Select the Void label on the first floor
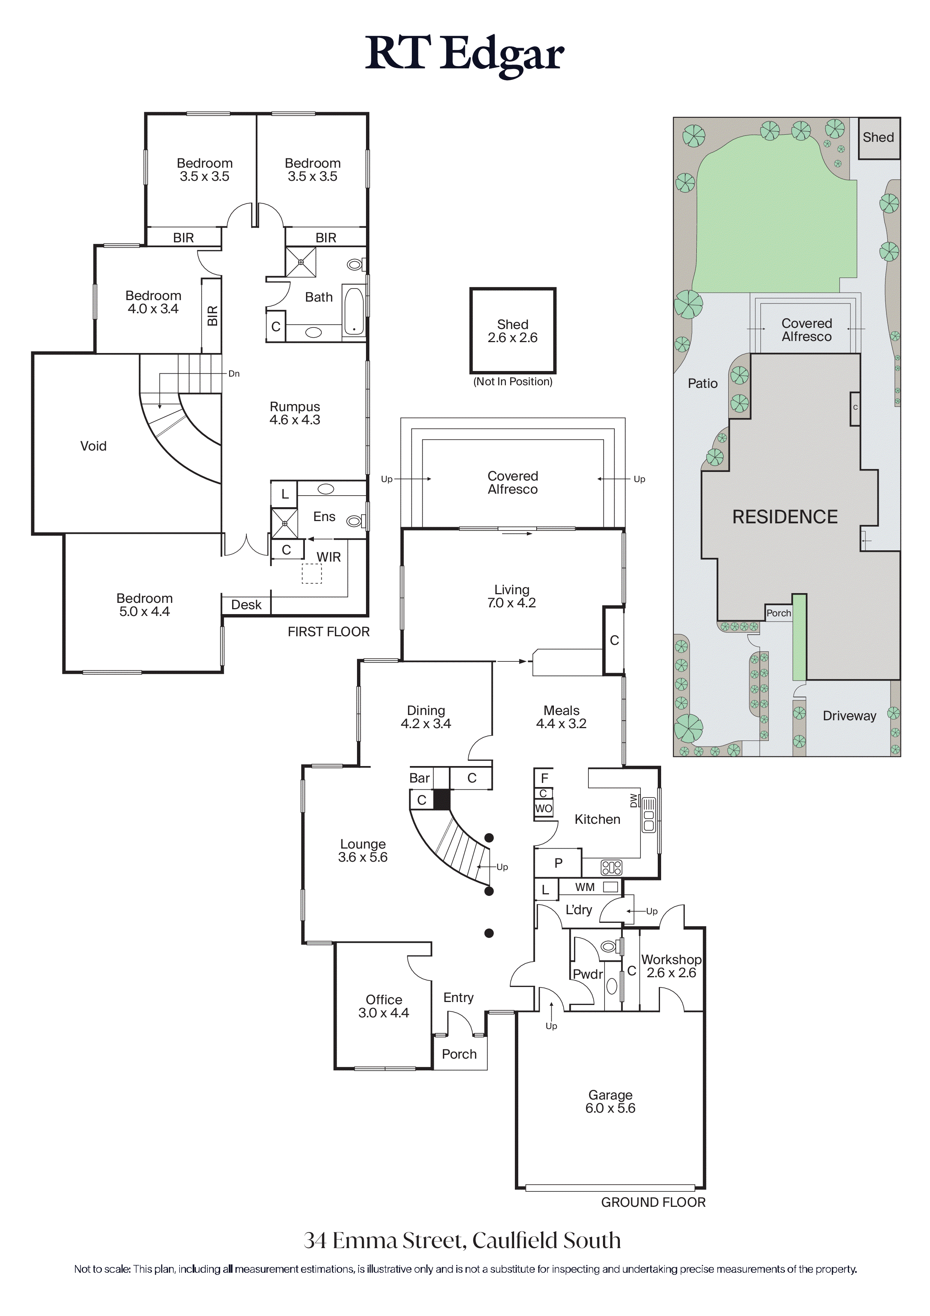coord(93,446)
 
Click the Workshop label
coord(671,960)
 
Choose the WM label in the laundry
coord(585,887)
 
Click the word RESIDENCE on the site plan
coord(784,517)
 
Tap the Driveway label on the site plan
coord(849,716)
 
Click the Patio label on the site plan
coord(702,383)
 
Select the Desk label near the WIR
coord(246,605)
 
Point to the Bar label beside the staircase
coord(420,778)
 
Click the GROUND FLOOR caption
coord(653,1202)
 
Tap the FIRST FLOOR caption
coord(328,632)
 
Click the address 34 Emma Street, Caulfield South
coord(462,1240)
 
